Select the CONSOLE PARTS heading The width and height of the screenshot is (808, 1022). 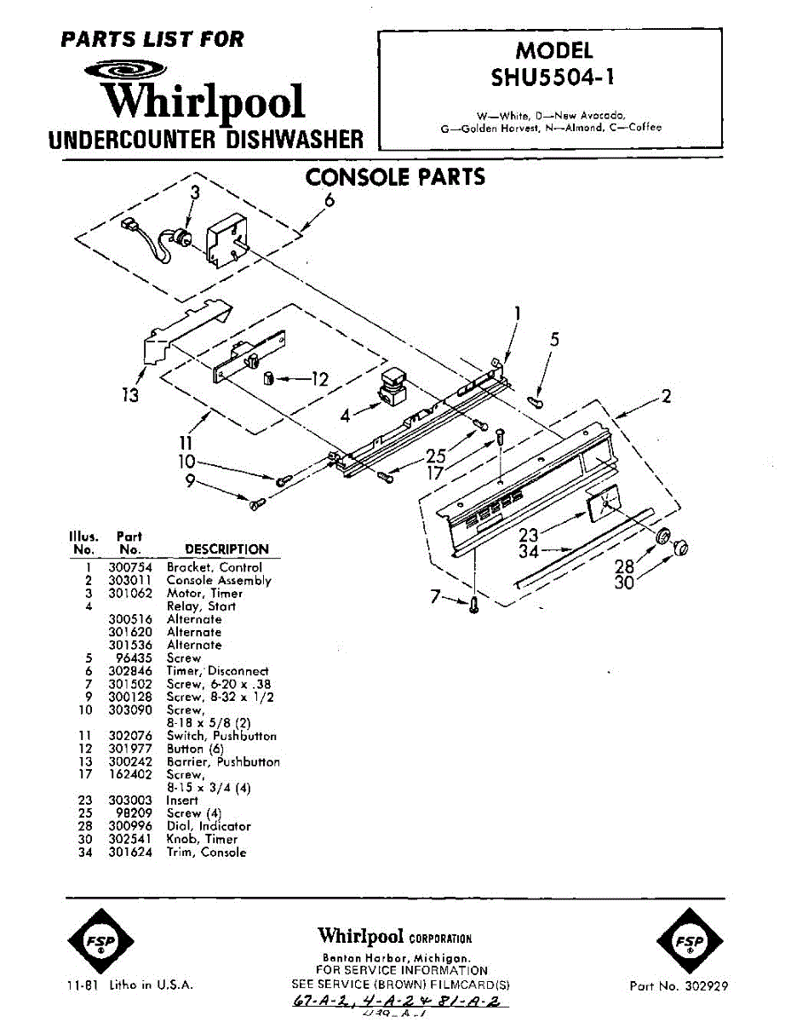395,177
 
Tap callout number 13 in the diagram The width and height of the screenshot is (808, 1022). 129,395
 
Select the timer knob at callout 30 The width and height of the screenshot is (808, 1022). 681,549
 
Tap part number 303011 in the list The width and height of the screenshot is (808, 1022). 130,581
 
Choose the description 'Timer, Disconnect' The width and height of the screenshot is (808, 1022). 217,671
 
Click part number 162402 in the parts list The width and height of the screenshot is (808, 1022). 130,775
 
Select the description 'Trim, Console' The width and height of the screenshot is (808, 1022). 206,853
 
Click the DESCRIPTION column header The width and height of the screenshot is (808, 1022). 226,549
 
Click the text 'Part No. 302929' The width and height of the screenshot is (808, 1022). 679,986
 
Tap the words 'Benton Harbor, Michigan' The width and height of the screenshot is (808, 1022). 402,958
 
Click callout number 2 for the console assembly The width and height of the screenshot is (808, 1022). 666,396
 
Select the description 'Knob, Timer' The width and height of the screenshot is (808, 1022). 202,840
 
